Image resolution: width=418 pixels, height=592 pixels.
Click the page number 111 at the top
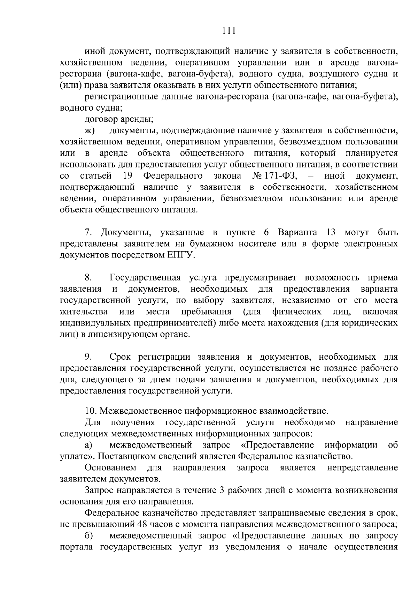229,31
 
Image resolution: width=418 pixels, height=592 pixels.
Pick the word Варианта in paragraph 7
297,232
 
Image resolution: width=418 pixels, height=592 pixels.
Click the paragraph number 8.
88,278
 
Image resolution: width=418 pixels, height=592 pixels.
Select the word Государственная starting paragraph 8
145,278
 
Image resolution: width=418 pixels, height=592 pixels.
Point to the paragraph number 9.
88,357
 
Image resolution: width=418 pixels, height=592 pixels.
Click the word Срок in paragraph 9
121,357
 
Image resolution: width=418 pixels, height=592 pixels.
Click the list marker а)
89,445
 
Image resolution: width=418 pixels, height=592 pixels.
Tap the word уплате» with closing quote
77,456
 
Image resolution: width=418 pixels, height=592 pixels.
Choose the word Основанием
110,467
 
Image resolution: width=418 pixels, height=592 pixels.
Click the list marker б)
89,535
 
